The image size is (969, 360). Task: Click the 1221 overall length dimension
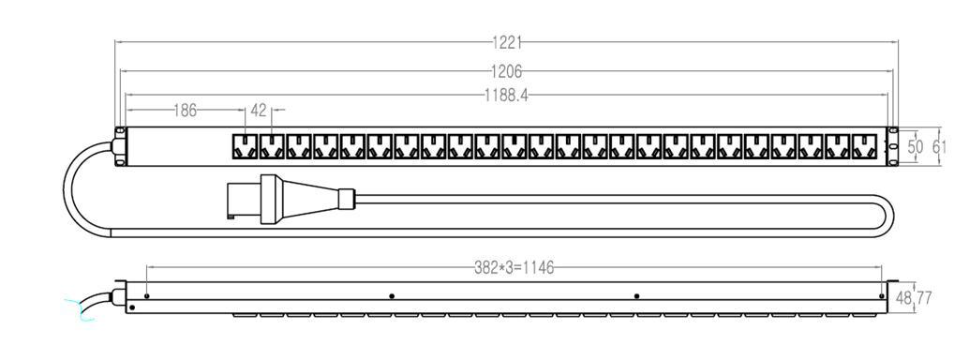coord(507,43)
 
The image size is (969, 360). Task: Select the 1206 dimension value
coord(506,72)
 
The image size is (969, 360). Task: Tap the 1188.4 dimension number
coord(506,96)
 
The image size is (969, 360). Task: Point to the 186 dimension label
coord(185,111)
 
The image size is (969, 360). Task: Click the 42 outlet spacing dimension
coord(259,111)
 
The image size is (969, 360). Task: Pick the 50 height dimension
coord(916,147)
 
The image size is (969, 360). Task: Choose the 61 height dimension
coord(940,147)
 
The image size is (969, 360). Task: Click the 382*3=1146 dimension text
coord(514,268)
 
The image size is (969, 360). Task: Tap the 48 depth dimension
coord(903,298)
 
